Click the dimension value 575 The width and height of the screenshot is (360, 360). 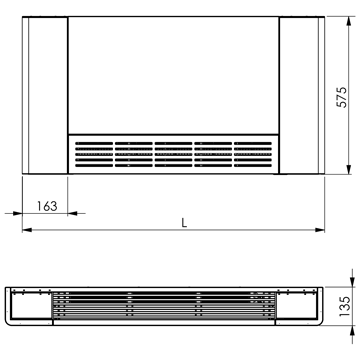pyautogui.click(x=341, y=97)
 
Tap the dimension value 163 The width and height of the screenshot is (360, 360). pyautogui.click(x=47, y=206)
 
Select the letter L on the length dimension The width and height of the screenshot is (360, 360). pyautogui.click(x=184, y=223)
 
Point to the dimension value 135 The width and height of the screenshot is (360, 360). pyautogui.click(x=345, y=306)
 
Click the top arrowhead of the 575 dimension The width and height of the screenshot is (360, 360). pyautogui.click(x=349, y=21)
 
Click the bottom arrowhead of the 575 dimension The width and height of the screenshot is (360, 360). pyautogui.click(x=349, y=169)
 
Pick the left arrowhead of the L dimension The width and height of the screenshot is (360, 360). pyautogui.click(x=27, y=230)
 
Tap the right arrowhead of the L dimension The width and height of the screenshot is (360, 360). pyautogui.click(x=320, y=230)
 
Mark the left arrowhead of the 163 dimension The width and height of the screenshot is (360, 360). pyautogui.click(x=18, y=213)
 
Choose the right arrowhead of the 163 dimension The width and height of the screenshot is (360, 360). pyautogui.click(x=72, y=213)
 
